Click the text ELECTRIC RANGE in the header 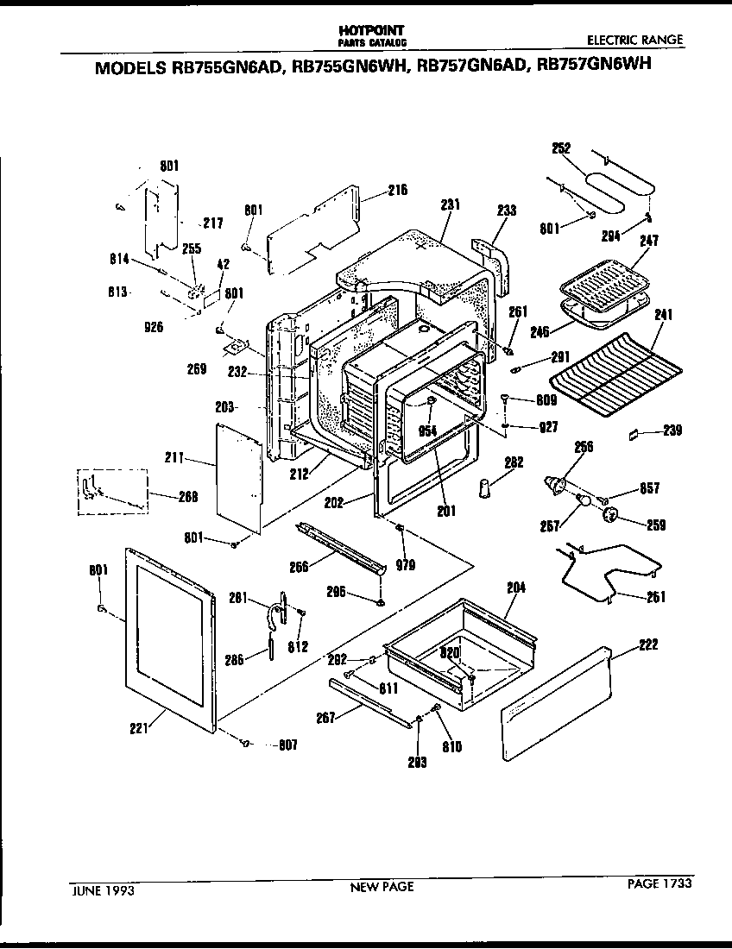634,40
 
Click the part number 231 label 450,205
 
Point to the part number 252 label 561,148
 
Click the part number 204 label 515,588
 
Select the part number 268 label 187,496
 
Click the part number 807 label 287,745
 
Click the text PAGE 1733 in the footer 659,883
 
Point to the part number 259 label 655,524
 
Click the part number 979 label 405,565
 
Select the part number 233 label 507,210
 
